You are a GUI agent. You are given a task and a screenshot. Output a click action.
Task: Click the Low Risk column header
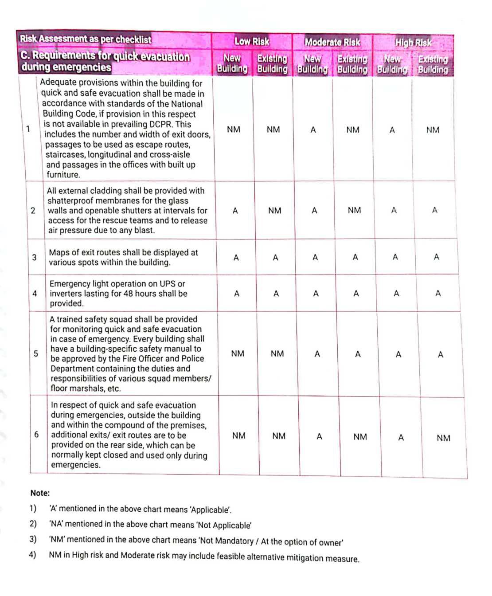pyautogui.click(x=251, y=42)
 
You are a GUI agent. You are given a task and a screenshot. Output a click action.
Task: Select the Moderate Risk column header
pyautogui.click(x=332, y=43)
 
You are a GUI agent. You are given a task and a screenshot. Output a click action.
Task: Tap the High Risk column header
pyautogui.click(x=413, y=43)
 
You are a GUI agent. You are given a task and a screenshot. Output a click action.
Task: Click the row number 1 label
pyautogui.click(x=28, y=129)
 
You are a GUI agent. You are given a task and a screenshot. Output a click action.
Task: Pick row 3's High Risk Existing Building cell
pyautogui.click(x=437, y=257)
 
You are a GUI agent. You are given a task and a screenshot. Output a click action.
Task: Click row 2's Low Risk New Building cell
pyautogui.click(x=235, y=211)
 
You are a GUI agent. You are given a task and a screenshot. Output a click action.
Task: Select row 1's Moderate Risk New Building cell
pyautogui.click(x=313, y=130)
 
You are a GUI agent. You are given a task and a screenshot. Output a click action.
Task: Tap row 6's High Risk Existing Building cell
pyautogui.click(x=443, y=438)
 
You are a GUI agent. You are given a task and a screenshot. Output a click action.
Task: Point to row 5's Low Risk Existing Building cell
pyautogui.click(x=277, y=353)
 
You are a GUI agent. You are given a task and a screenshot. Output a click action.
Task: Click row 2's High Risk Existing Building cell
pyautogui.click(x=434, y=210)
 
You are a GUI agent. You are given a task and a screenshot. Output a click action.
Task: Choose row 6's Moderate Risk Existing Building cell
pyautogui.click(x=360, y=437)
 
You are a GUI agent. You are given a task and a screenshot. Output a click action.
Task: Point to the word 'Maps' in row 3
pyautogui.click(x=59, y=252)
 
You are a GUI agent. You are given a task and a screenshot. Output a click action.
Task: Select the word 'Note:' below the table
pyautogui.click(x=40, y=493)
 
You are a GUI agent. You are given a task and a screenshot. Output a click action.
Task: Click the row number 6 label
pyautogui.click(x=36, y=435)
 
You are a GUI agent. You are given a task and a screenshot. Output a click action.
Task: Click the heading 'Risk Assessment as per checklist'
pyautogui.click(x=86, y=39)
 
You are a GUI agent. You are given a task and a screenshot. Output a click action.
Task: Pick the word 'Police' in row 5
pyautogui.click(x=192, y=359)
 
